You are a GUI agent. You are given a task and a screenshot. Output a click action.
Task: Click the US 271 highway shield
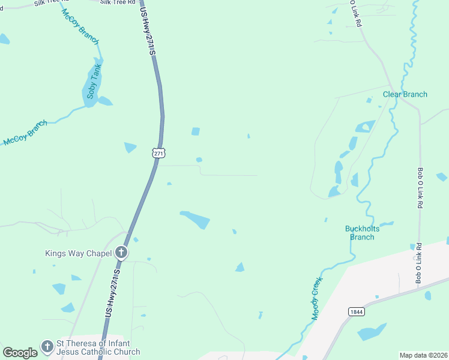click(x=158, y=154)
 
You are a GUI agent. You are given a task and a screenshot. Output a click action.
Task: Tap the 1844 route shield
click(x=356, y=311)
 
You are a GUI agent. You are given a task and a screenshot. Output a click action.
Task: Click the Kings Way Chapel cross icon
click(x=121, y=253)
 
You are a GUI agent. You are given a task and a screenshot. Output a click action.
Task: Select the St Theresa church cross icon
click(x=47, y=346)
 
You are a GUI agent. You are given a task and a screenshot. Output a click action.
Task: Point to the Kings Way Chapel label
click(x=79, y=253)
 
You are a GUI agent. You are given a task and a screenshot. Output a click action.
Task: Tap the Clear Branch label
click(x=405, y=94)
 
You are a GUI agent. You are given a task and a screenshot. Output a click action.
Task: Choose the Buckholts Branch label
click(x=360, y=233)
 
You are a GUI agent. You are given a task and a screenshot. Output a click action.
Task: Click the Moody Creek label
click(x=317, y=298)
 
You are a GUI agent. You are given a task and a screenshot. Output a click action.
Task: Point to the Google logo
click(x=20, y=353)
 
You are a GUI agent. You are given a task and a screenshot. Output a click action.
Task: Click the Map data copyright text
click(x=423, y=355)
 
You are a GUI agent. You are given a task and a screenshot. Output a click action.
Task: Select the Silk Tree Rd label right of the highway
click(x=117, y=2)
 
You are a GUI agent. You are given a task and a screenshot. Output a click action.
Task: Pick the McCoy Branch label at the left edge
click(x=25, y=134)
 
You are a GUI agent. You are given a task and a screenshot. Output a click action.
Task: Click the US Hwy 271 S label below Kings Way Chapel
click(x=112, y=293)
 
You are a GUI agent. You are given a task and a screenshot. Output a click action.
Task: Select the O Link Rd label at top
click(x=355, y=13)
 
